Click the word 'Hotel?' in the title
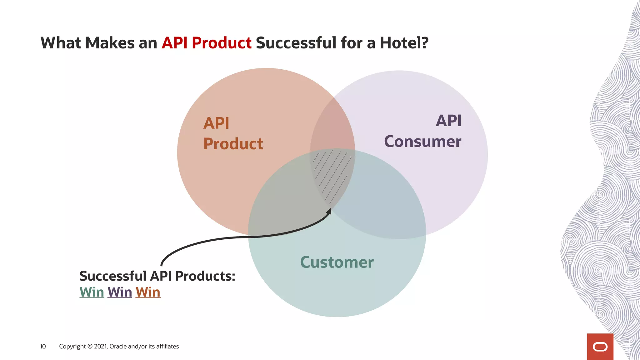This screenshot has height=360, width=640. point(404,43)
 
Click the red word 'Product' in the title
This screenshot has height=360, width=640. point(222,43)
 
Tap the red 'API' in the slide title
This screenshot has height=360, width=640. point(174,43)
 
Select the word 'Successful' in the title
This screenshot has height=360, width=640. point(296,43)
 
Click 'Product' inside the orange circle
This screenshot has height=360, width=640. point(233,144)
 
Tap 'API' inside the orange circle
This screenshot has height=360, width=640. point(216,123)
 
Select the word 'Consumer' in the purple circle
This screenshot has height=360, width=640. point(422,142)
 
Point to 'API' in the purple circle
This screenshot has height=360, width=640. point(448,121)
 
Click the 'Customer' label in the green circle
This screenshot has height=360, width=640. point(337,262)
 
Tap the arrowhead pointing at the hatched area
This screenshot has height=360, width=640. point(329,212)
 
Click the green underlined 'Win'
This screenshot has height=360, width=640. point(92,292)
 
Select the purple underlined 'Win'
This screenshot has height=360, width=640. point(120,292)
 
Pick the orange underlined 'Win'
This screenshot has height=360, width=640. point(148,292)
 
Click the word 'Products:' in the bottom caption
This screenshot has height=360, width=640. point(205,276)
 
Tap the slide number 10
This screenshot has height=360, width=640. point(43,346)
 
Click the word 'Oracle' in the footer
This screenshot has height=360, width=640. point(118,346)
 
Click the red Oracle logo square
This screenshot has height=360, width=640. point(600,347)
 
